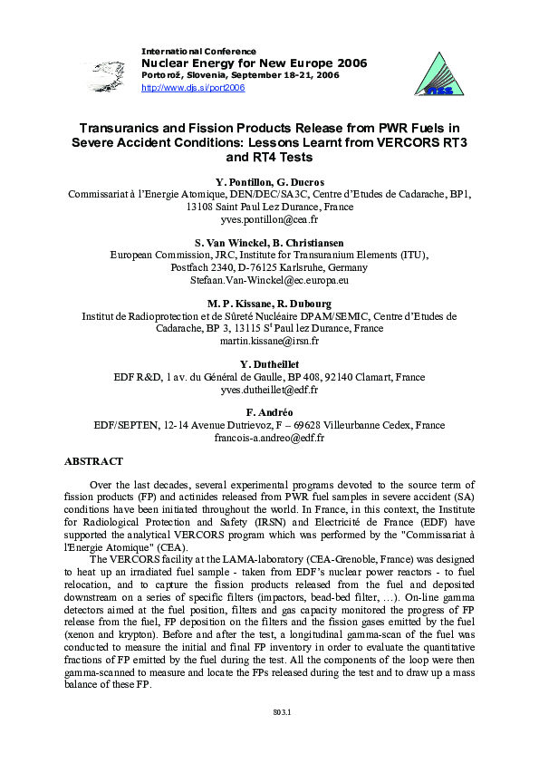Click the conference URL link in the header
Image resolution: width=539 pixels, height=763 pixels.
(193, 88)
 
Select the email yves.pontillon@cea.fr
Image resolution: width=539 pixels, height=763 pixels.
(269, 219)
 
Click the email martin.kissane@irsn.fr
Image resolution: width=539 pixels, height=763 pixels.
(269, 341)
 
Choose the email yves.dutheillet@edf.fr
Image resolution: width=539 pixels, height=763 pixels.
(269, 389)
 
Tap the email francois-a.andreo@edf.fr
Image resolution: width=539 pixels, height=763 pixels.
(269, 437)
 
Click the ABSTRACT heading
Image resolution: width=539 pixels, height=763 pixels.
(93, 461)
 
